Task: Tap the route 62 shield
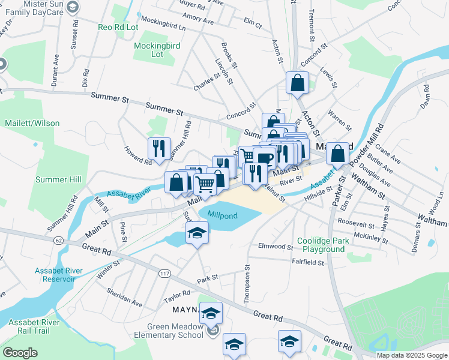pyautogui.click(x=58, y=241)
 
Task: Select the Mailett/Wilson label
pyautogui.click(x=32, y=123)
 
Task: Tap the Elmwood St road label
pyautogui.click(x=274, y=246)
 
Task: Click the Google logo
pyautogui.click(x=20, y=353)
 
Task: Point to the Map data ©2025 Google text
pyautogui.click(x=411, y=355)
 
